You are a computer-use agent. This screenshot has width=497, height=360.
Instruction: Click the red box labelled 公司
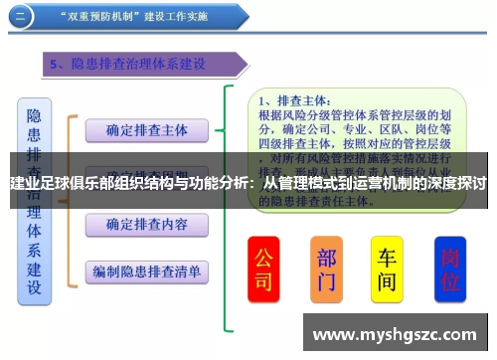click(x=263, y=270)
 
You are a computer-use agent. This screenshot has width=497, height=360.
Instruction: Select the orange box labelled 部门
click(x=326, y=270)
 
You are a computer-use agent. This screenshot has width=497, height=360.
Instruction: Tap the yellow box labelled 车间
click(x=387, y=270)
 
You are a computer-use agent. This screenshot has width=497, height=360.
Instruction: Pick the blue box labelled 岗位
click(x=451, y=270)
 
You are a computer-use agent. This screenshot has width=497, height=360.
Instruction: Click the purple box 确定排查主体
click(x=147, y=130)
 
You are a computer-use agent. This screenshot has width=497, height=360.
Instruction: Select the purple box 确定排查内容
click(x=147, y=224)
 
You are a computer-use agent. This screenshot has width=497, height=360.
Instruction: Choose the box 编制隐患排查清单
click(x=147, y=270)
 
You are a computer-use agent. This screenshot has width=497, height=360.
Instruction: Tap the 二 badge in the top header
click(x=21, y=17)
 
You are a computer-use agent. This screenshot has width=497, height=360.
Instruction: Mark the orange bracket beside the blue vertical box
click(x=72, y=199)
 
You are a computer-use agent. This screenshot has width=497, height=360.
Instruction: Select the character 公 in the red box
click(x=263, y=258)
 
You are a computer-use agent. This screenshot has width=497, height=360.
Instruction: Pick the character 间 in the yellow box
click(x=387, y=283)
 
